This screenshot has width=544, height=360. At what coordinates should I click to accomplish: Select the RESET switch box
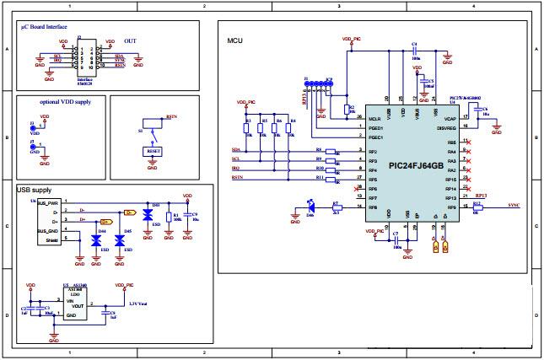click(153, 152)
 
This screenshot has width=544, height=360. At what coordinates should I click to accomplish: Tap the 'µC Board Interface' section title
click(46, 29)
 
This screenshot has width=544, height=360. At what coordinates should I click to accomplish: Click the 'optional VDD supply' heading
click(66, 101)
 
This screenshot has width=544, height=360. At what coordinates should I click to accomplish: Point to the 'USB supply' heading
click(35, 191)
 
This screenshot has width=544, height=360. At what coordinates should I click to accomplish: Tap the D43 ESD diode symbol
click(148, 215)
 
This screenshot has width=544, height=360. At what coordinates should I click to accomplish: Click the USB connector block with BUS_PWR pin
click(49, 222)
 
